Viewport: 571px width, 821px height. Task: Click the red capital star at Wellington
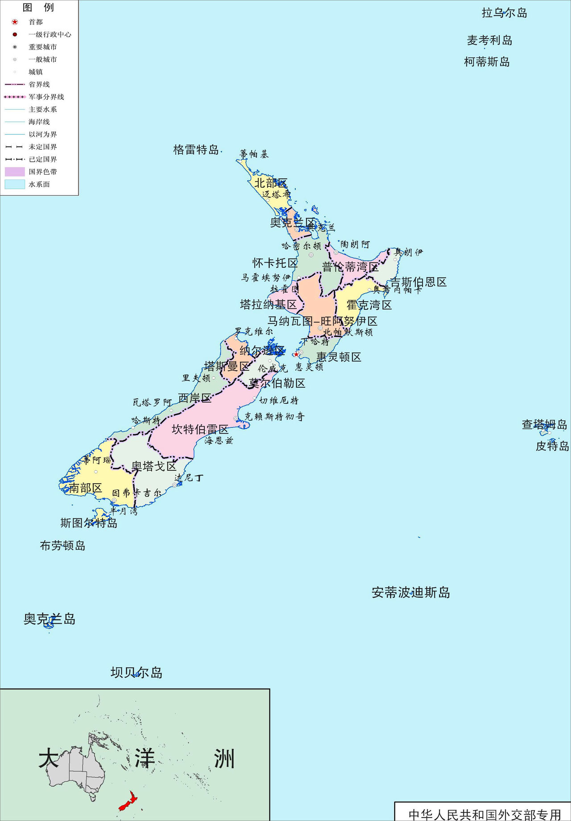tap(296, 354)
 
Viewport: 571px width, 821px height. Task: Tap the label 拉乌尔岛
tap(504, 13)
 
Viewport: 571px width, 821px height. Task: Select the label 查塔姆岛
tap(544, 425)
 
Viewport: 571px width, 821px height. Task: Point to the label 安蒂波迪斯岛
tap(411, 593)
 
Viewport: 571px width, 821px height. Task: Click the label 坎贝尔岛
tap(137, 673)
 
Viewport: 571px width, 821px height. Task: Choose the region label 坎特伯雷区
tap(200, 430)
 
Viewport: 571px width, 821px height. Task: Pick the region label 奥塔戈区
tap(154, 467)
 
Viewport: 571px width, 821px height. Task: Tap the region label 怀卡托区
tap(275, 263)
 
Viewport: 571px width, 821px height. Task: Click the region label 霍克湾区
tap(369, 305)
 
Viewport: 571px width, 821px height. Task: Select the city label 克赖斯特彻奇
tap(274, 417)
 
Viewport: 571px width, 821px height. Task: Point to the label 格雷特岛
tap(196, 150)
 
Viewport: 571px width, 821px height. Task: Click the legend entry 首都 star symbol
tap(15, 22)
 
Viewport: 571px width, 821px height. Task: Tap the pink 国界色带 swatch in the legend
tap(15, 172)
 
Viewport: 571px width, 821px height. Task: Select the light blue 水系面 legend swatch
tap(15, 184)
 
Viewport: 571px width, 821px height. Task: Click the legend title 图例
tap(38, 8)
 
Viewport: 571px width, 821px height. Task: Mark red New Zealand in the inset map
tap(128, 802)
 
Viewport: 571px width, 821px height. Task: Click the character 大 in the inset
tap(49, 759)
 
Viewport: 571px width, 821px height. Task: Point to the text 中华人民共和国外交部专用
tap(484, 814)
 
